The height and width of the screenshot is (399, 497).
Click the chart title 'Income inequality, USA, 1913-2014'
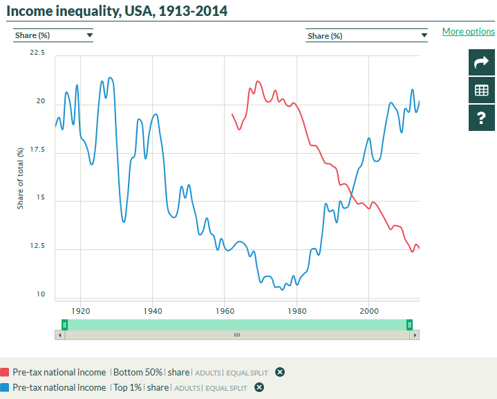[x=117, y=11]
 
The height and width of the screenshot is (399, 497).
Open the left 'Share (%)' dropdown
[x=53, y=35]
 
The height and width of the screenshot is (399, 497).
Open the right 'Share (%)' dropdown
[x=366, y=35]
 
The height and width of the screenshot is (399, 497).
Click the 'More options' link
[x=468, y=31]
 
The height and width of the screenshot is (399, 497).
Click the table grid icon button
[x=481, y=90]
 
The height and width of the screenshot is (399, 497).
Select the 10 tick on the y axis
[x=40, y=294]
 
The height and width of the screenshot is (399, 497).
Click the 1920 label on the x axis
[x=81, y=311]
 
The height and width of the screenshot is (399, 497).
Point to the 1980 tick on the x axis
[x=297, y=311]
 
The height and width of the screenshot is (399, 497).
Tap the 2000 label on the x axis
[x=368, y=311]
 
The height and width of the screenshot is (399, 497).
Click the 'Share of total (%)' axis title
[x=21, y=178]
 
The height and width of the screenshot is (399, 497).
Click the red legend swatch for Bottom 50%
[x=5, y=372]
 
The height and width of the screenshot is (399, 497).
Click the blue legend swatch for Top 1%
[x=5, y=387]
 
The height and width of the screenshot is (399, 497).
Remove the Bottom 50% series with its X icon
[x=280, y=372]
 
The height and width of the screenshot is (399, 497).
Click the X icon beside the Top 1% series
[x=259, y=387]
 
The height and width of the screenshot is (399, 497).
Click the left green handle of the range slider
[x=64, y=324]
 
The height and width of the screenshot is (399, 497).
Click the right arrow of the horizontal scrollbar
[x=414, y=335]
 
